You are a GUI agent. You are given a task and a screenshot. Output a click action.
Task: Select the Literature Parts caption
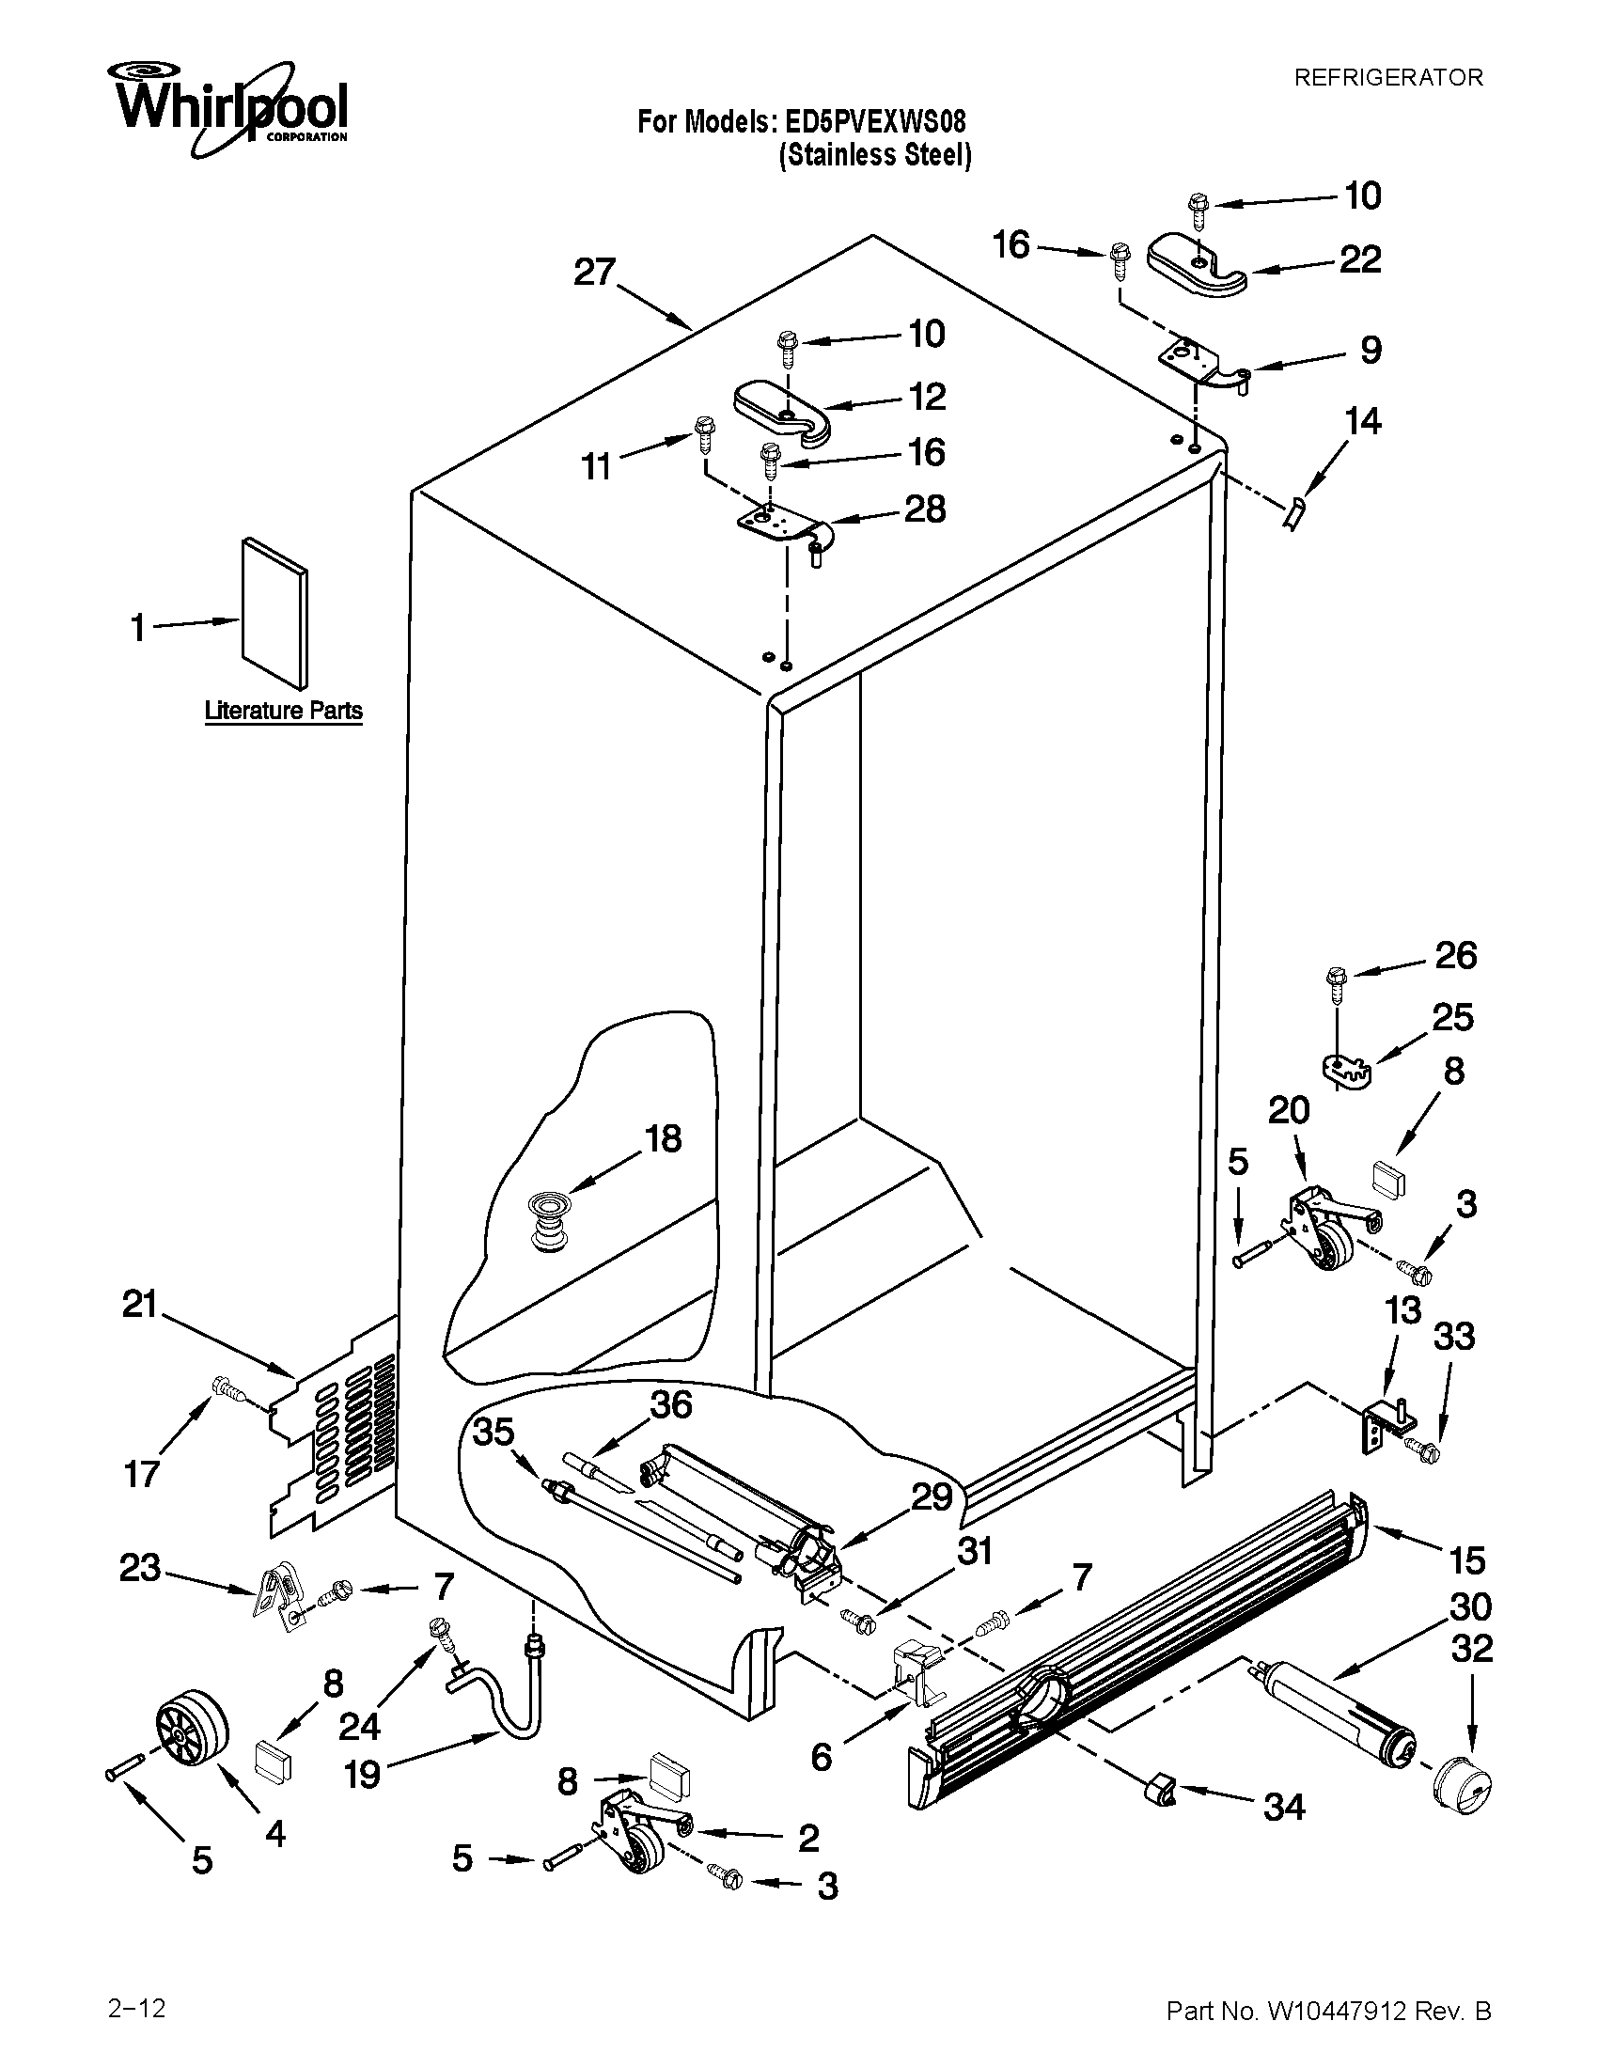point(283,710)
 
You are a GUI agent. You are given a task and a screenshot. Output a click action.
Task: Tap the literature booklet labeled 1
point(274,614)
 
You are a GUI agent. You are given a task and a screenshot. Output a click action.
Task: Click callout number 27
point(595,273)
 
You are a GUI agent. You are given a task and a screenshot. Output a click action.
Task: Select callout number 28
point(925,509)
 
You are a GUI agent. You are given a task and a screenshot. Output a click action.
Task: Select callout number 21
point(139,1306)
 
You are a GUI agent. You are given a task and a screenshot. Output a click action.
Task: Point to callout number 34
point(1284,1809)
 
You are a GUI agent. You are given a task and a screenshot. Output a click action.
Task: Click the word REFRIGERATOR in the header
point(1387,78)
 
